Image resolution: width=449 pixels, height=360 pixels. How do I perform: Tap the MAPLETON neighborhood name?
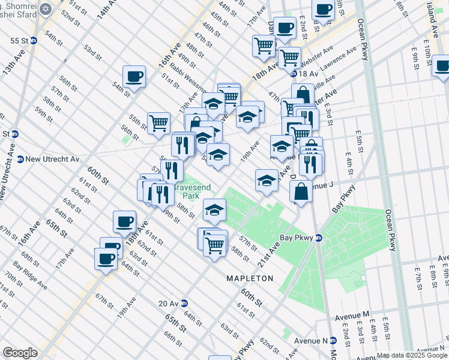tap(249, 278)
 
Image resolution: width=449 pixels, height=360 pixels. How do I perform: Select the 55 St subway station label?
tap(19, 41)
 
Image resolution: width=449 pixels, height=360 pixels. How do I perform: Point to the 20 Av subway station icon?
tap(185, 303)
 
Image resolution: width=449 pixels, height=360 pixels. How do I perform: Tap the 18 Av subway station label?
tap(307, 73)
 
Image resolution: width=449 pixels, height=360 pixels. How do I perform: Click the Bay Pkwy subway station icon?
tap(319, 238)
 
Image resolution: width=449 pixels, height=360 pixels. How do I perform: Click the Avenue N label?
tap(311, 340)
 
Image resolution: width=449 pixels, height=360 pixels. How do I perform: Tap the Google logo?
tap(20, 353)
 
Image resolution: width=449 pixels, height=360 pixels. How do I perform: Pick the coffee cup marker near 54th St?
tap(134, 77)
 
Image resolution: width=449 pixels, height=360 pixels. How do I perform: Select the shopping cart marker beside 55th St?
tap(158, 124)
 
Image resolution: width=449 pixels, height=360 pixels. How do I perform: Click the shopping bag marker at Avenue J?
tap(301, 192)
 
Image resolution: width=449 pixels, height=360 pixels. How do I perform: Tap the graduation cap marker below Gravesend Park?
tap(214, 210)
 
